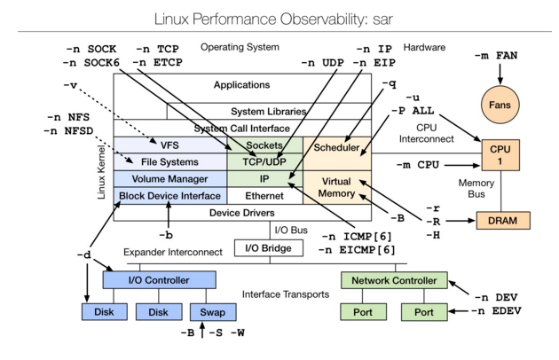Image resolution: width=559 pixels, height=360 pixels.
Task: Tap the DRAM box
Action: click(502, 219)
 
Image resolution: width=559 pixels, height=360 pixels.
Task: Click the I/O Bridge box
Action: click(263, 248)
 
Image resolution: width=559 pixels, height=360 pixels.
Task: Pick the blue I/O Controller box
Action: click(159, 280)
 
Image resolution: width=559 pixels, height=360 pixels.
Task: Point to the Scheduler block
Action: click(336, 147)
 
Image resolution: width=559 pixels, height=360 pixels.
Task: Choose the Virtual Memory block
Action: click(336, 187)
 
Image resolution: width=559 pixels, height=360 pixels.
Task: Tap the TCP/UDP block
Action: click(264, 162)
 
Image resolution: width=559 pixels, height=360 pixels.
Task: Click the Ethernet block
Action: click(264, 195)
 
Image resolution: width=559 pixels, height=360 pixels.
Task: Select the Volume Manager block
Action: click(169, 179)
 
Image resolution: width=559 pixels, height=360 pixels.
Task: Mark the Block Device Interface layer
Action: click(169, 195)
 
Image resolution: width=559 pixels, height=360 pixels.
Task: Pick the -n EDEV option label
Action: click(504, 311)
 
